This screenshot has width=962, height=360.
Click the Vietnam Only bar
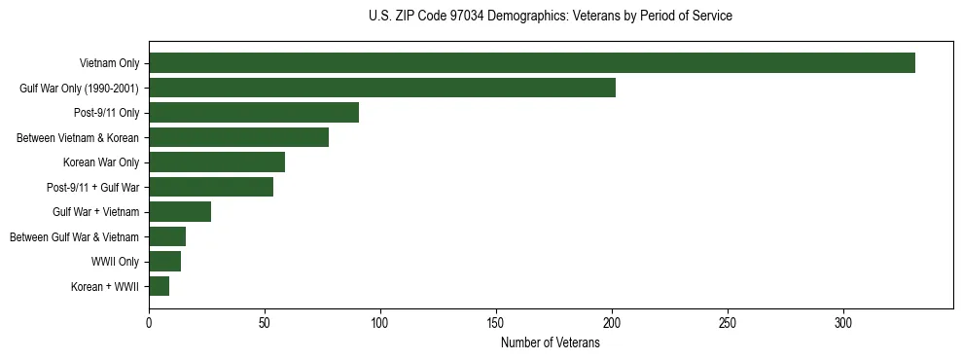[x=531, y=63]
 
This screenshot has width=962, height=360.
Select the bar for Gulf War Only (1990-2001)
[x=381, y=88]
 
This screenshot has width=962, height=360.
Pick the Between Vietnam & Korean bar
[x=238, y=137]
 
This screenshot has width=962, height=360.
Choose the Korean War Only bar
[x=216, y=162]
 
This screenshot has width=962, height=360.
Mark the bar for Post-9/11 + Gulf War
[x=210, y=187]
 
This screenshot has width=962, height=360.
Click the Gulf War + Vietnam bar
[x=179, y=212]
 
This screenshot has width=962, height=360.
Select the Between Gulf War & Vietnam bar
[x=166, y=236]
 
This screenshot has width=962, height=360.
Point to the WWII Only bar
[x=164, y=262]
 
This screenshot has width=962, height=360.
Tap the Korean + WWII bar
[x=159, y=286]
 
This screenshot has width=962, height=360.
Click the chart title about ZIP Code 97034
[x=551, y=17]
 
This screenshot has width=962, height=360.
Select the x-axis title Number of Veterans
[x=551, y=343]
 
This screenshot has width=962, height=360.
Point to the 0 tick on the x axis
[x=149, y=325]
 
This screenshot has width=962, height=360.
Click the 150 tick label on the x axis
[x=496, y=325]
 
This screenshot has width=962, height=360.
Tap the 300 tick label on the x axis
[x=843, y=325]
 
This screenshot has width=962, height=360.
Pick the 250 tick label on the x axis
[x=728, y=325]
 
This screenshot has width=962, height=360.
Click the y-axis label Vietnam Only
[x=109, y=64]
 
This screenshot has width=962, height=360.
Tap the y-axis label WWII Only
[x=115, y=262]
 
